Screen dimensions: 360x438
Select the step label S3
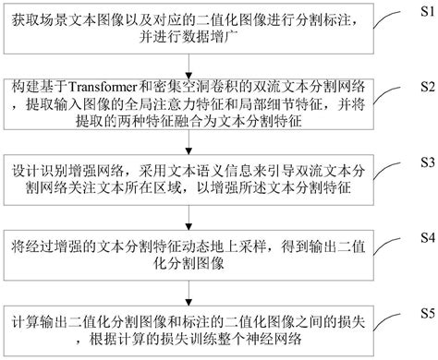[x=425, y=161]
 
